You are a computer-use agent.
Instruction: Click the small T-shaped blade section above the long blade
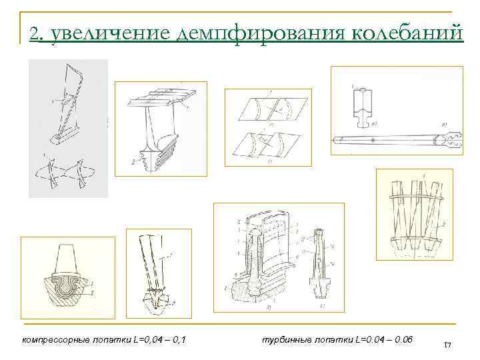(363, 107)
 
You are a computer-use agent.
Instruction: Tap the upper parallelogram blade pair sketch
(266, 109)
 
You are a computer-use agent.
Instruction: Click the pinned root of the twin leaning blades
(159, 298)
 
